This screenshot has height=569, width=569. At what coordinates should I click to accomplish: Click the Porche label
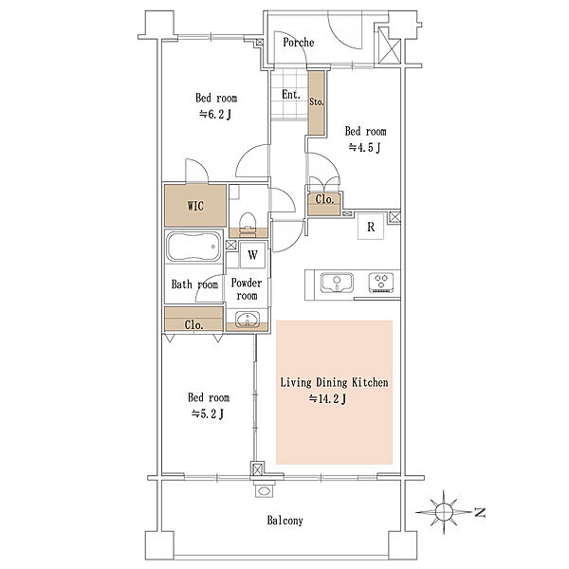[299, 43]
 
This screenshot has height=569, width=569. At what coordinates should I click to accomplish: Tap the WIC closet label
[195, 206]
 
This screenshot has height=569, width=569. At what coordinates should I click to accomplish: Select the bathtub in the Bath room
[193, 247]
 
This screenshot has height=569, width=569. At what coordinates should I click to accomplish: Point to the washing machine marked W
[253, 255]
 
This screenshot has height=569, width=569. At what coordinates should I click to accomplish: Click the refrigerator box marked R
[371, 227]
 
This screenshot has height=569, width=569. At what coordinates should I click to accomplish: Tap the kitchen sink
[337, 283]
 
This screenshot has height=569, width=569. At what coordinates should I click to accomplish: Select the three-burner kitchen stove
[381, 283]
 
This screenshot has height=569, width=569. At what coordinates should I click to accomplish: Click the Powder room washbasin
[248, 320]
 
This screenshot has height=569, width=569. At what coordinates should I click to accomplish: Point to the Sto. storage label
[317, 102]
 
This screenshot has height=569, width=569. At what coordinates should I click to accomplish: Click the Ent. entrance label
[291, 95]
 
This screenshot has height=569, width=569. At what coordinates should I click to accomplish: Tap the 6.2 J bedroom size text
[215, 115]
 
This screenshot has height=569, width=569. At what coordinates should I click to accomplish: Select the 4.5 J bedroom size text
[364, 148]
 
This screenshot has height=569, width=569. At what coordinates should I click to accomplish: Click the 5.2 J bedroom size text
[208, 413]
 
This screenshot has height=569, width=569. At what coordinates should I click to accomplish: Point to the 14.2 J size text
[328, 399]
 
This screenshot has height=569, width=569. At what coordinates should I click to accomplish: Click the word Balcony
[284, 521]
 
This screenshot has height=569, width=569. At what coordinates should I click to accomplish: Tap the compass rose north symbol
[444, 512]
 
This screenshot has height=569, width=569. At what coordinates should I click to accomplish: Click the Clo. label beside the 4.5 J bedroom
[324, 199]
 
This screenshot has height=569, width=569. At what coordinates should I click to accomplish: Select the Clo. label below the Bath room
[193, 324]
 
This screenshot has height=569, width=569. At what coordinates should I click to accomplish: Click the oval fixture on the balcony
[265, 491]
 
